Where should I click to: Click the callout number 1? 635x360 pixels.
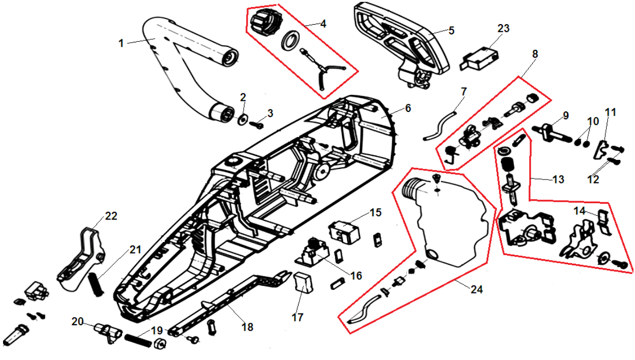(121, 43)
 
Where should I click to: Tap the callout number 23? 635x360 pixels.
(503, 29)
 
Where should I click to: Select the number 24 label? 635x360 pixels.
(476, 289)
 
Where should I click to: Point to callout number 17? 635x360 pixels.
(298, 317)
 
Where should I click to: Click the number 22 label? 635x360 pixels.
(111, 216)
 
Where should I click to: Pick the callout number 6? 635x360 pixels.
(408, 108)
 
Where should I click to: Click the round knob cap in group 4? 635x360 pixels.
(261, 23)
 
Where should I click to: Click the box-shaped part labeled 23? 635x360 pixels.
(479, 56)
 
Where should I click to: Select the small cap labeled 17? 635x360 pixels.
(302, 281)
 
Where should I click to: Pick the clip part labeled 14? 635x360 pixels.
(603, 220)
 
